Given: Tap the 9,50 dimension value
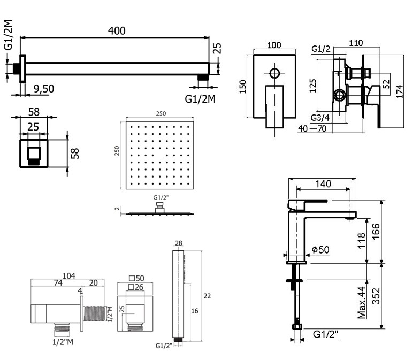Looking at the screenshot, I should tap(43, 89).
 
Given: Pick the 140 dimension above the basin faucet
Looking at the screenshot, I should tap(323, 183).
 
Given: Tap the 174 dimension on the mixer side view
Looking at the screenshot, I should tap(400, 90).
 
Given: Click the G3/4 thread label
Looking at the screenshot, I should tap(320, 118).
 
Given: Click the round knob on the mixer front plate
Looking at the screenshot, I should tap(275, 73).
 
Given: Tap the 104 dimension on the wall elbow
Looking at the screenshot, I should tap(69, 276).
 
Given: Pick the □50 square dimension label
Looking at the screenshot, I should tap(138, 278).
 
